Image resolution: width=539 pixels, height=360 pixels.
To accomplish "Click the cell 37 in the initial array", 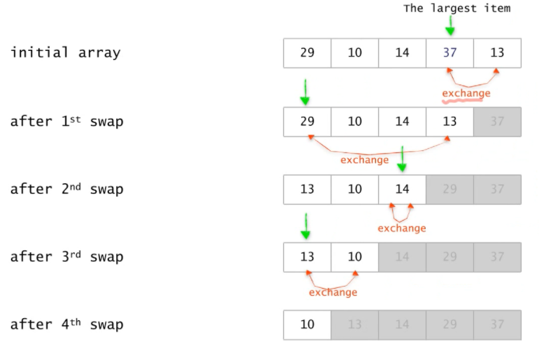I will coord(450,53).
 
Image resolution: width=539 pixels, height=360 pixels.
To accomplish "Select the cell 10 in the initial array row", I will coord(354,53).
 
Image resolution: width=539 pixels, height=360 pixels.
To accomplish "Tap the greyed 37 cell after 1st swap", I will coord(497,122).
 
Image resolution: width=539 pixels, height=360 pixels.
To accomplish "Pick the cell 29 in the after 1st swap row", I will coord(307,122).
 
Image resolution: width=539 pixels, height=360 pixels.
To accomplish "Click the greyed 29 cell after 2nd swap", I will coord(450,189).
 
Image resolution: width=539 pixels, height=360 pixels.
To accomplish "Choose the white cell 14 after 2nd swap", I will coord(402,189).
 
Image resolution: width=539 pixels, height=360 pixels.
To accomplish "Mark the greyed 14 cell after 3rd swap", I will coord(402,257).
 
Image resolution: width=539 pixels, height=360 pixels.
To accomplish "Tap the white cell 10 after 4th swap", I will coord(307,324).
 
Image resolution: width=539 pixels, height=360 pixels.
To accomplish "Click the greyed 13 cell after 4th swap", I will coord(354,324).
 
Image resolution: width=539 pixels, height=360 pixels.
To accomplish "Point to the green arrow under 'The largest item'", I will coord(450,26).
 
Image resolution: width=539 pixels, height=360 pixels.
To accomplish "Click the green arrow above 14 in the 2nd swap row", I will coord(402,159).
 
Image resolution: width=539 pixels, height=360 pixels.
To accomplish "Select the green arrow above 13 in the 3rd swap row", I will coord(306,226).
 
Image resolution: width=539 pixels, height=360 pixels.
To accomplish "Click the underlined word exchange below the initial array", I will coord(466,94).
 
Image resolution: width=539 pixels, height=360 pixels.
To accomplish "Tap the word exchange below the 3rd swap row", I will coord(333,292).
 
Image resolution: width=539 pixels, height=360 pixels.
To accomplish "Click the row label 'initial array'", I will coord(65,53).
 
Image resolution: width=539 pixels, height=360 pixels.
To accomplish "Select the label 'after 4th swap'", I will coord(66,324).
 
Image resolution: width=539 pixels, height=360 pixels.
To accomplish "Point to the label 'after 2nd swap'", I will coord(66,189).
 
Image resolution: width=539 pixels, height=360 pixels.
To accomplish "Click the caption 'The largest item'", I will coord(457,8).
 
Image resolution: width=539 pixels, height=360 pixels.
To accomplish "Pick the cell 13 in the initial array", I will coord(497,53).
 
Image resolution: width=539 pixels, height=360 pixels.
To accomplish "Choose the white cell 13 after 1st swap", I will coord(450,122).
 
